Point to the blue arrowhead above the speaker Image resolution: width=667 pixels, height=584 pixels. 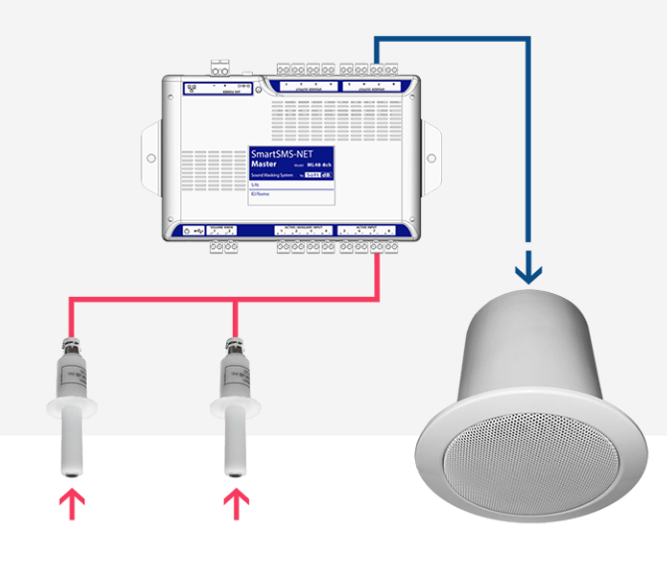click(x=529, y=270)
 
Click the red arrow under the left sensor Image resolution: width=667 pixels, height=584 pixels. click(x=71, y=502)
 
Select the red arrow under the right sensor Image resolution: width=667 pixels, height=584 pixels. click(x=236, y=502)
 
